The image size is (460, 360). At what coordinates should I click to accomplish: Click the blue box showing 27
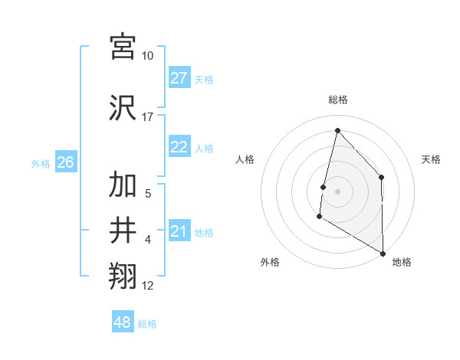tap(179, 78)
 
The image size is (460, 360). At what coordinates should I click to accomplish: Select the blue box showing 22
tap(179, 147)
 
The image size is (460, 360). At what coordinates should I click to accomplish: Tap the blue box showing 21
tap(179, 231)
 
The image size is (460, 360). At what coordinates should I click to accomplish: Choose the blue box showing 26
tap(65, 162)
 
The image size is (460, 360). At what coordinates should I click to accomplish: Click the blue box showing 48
tap(123, 322)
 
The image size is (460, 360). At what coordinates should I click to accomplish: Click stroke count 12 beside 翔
tap(148, 286)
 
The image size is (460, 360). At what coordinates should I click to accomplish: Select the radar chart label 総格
tap(337, 100)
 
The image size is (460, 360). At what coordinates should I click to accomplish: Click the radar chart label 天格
tap(431, 159)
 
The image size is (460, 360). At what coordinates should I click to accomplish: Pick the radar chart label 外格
tap(270, 262)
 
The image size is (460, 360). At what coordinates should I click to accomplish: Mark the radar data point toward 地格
tap(383, 253)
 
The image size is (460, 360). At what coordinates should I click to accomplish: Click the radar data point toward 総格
tap(337, 129)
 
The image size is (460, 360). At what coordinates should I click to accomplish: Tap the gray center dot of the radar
tap(337, 191)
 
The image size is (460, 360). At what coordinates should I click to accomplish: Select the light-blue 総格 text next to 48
tap(147, 324)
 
